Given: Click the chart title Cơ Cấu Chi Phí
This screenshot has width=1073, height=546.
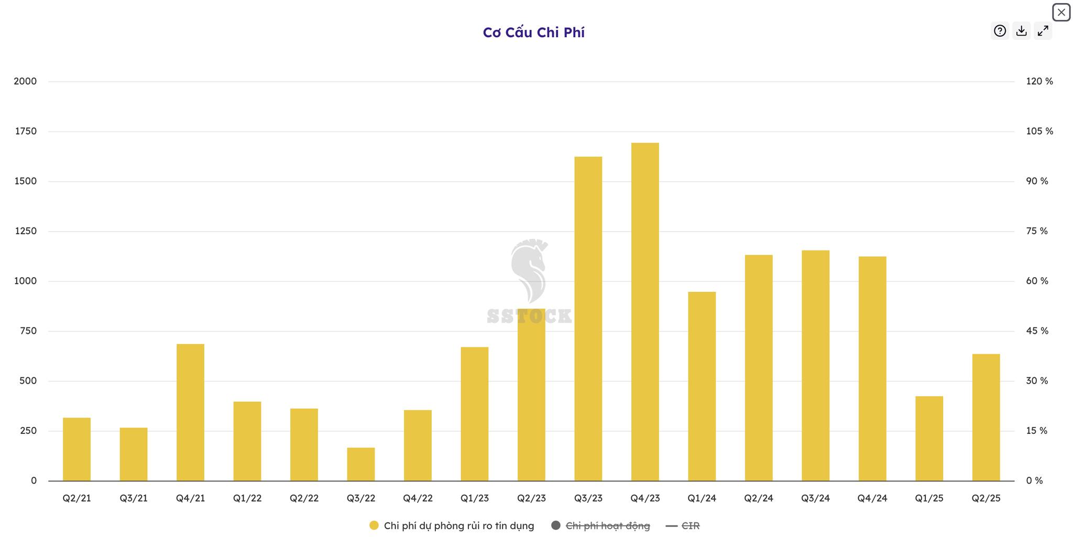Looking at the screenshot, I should point(533,32).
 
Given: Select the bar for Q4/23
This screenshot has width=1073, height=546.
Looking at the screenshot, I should point(645,312).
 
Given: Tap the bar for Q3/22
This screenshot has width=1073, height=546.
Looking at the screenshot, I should point(361,464).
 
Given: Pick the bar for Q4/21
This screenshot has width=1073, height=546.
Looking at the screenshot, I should point(190,412).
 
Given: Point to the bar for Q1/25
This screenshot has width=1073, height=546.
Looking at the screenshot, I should point(929,439).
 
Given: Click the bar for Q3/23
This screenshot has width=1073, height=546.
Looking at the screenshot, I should point(588,319).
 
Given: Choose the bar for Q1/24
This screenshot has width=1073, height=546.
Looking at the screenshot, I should point(702,386).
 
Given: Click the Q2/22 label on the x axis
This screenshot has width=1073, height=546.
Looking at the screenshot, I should point(304,498).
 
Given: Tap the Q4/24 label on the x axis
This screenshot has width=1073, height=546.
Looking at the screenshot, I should point(872,498).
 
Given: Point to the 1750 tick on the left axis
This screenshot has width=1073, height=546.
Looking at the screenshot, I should point(26,132).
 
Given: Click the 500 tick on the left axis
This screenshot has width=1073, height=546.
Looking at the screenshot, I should point(28,381).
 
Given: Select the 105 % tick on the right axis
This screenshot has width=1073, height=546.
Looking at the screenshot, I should point(1039,132).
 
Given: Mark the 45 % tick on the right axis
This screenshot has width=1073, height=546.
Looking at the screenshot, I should point(1037,331).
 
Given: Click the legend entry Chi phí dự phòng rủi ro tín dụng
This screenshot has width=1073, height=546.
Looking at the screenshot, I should point(458,526).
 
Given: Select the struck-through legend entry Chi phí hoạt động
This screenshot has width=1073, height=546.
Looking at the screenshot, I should point(607,526).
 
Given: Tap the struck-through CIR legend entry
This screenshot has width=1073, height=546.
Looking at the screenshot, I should point(690,526).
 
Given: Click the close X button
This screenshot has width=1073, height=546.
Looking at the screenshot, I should point(1061,12).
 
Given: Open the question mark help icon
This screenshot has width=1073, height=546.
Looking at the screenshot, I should point(1000,31).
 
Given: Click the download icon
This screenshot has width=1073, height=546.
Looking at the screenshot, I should point(1021,31).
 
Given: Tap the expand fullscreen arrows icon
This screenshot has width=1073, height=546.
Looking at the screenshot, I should point(1043,31).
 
